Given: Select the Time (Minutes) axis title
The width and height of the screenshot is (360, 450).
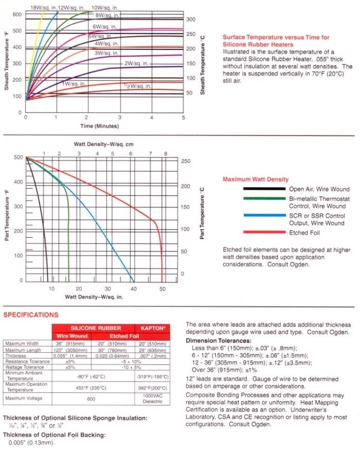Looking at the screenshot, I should (x=100, y=125).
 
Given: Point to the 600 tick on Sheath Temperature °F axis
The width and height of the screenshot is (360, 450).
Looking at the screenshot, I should (x=17, y=14).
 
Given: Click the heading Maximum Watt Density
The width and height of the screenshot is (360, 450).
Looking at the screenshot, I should (x=255, y=179).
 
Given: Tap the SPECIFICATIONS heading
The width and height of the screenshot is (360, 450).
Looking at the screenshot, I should (x=31, y=315).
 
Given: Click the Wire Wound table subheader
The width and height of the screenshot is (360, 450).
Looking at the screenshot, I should (x=73, y=335).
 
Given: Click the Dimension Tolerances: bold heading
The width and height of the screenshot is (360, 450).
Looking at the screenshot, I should (x=217, y=340).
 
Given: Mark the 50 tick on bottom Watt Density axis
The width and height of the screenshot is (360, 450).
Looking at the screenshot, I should (x=163, y=289).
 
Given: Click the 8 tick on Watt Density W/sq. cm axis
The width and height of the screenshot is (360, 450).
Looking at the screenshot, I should (x=166, y=154).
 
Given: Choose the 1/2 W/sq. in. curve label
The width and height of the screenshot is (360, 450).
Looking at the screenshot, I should (x=137, y=85).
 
